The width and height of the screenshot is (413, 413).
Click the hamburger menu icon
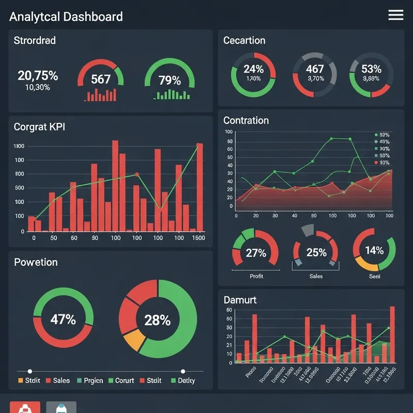pos(395,15)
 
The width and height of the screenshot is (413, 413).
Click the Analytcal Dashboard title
pos(66,17)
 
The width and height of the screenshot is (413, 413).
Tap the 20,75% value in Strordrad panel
pos(38,76)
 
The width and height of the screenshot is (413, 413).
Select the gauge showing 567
pos(101,79)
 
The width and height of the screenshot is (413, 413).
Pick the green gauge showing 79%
pos(169,80)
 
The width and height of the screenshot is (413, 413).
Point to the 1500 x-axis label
pos(198,238)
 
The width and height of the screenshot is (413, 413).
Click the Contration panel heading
pos(246,120)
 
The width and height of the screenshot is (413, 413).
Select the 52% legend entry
pos(382,135)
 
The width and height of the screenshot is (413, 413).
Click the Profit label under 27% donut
pos(256,276)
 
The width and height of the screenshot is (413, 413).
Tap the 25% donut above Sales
pos(316,252)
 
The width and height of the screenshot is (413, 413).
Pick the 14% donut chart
pos(374,250)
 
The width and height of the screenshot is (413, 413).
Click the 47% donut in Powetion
pos(63,319)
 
